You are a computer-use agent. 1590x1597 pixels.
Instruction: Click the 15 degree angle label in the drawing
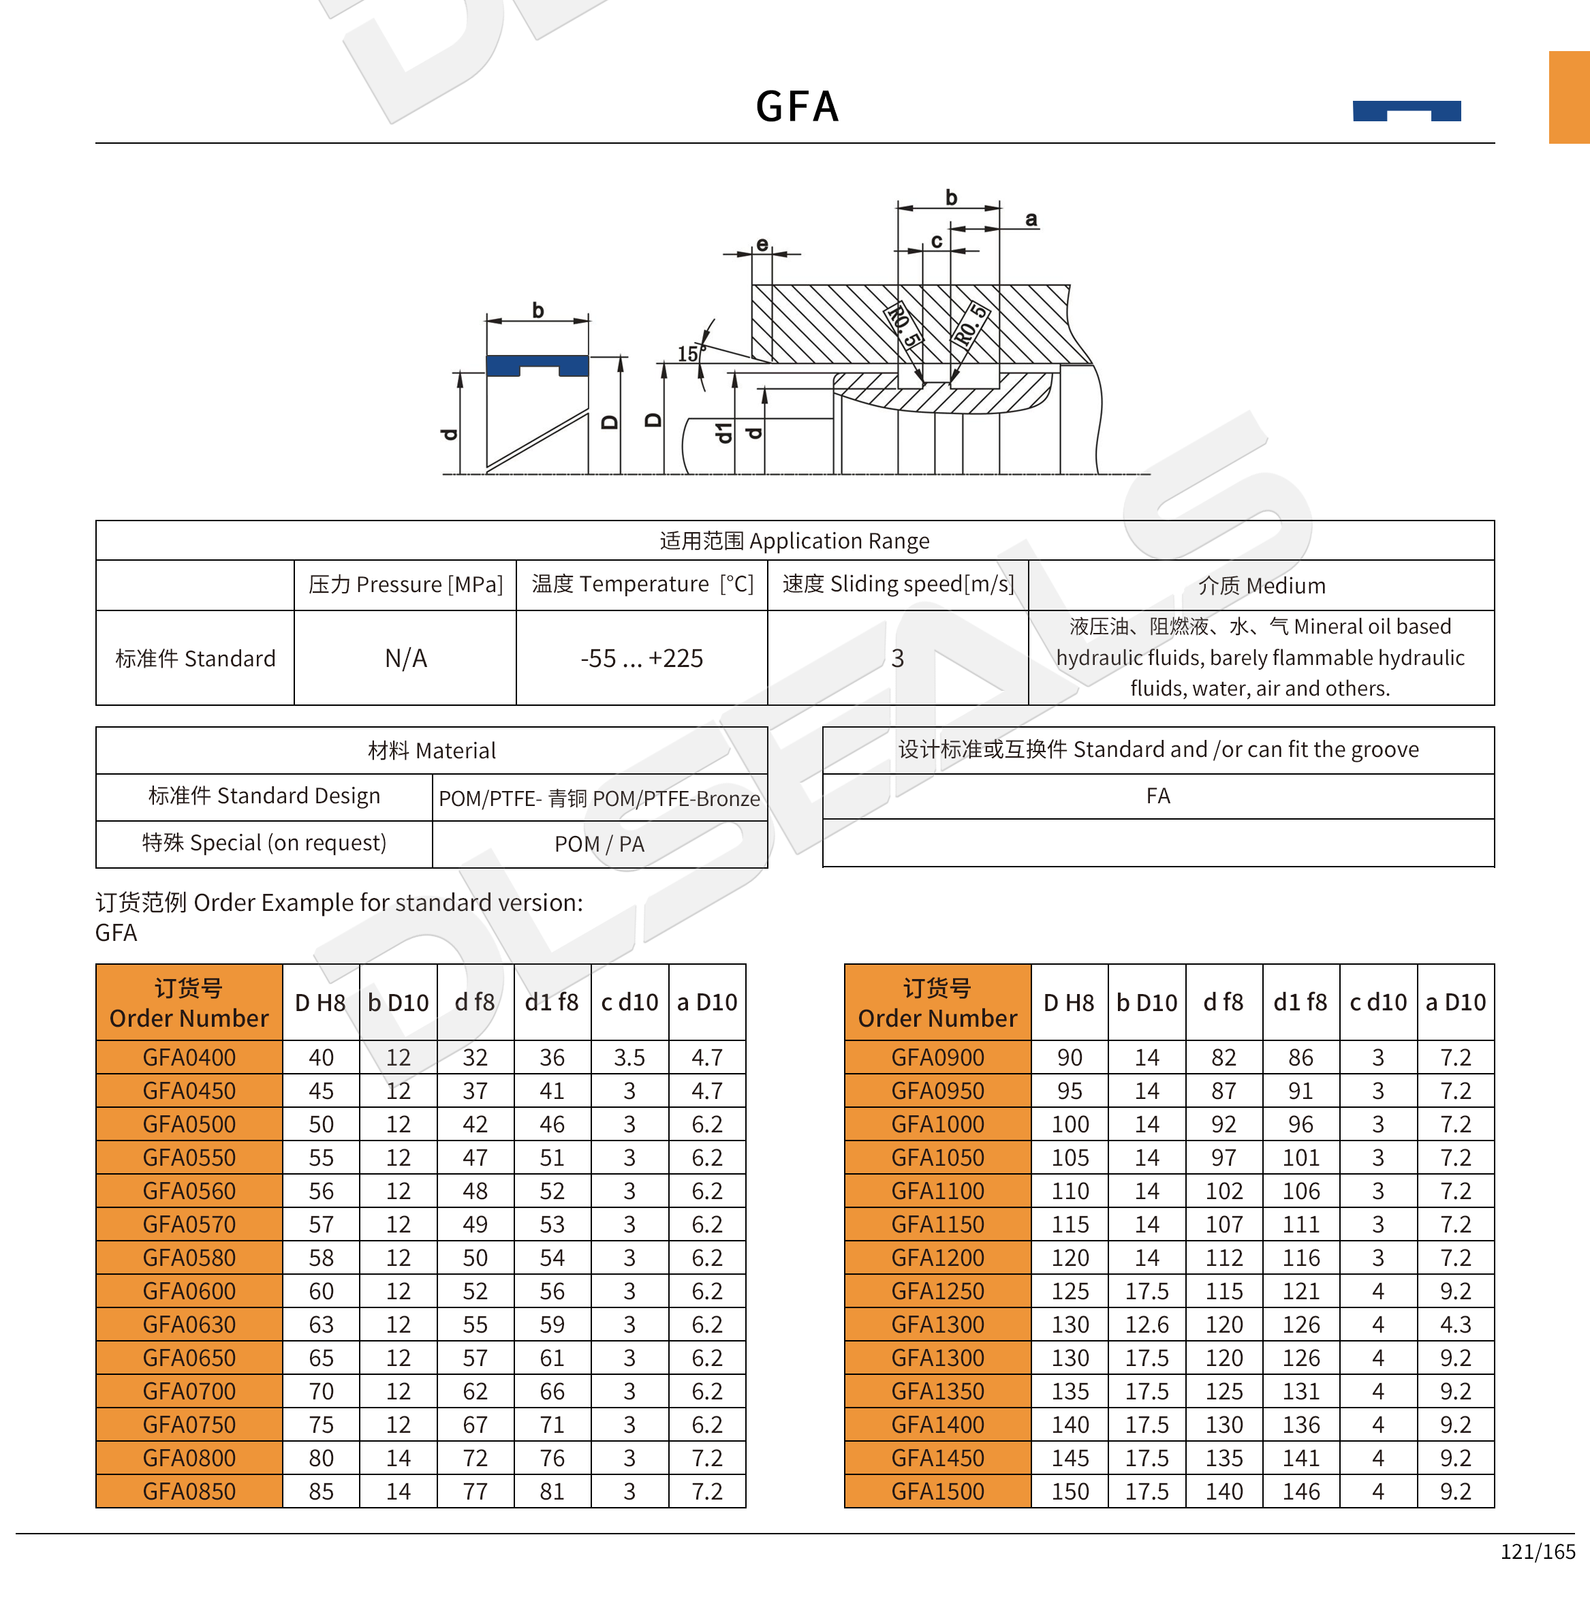pyautogui.click(x=687, y=354)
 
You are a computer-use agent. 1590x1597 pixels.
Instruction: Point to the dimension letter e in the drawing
pyautogui.click(x=762, y=244)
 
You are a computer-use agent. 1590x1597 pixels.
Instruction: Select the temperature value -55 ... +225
pyautogui.click(x=641, y=658)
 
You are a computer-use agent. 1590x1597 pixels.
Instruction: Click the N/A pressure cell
pyautogui.click(x=406, y=658)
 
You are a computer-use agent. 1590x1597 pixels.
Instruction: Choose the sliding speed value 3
pyautogui.click(x=897, y=658)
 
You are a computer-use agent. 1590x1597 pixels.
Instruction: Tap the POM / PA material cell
pyautogui.click(x=599, y=844)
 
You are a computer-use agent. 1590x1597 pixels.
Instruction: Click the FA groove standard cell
pyautogui.click(x=1158, y=796)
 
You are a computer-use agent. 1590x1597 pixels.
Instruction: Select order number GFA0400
pyautogui.click(x=189, y=1057)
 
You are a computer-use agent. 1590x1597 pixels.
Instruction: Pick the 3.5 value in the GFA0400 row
pyautogui.click(x=629, y=1057)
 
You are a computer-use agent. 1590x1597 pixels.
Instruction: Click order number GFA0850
pyautogui.click(x=189, y=1491)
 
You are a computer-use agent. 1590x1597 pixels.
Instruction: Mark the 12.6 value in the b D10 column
pyautogui.click(x=1147, y=1324)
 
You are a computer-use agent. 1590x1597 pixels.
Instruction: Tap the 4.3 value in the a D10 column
pyautogui.click(x=1455, y=1324)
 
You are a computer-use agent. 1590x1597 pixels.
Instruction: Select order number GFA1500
pyautogui.click(x=937, y=1491)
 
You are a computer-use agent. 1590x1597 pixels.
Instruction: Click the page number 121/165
pyautogui.click(x=1537, y=1551)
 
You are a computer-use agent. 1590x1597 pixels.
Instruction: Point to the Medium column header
pyautogui.click(x=1261, y=585)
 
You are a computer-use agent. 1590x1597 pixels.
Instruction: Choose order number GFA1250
pyautogui.click(x=937, y=1291)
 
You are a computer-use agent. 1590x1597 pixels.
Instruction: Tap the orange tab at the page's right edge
pyautogui.click(x=1568, y=97)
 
